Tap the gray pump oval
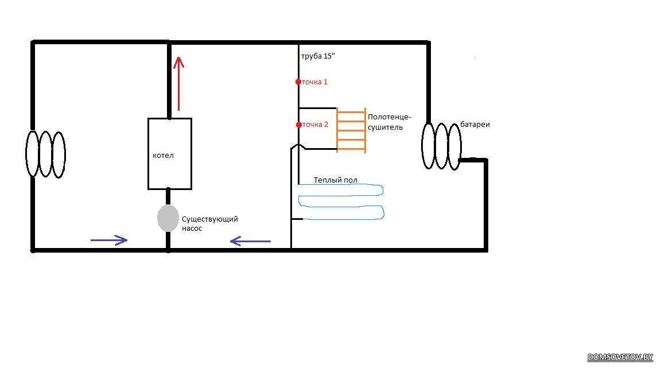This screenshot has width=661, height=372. click(168, 218)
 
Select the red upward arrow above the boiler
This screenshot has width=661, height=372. click(179, 84)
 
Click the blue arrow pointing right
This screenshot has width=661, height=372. click(109, 240)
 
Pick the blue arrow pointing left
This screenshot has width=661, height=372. click(250, 241)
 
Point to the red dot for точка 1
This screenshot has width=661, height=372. click(298, 82)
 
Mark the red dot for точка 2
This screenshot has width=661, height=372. click(298, 125)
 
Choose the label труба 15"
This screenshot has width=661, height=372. click(318, 56)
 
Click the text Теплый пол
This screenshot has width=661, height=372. click(336, 180)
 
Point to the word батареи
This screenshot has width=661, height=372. click(475, 125)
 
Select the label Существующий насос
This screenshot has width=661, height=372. click(210, 223)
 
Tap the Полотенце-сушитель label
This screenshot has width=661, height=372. click(389, 122)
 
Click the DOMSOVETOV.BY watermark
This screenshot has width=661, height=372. click(620, 357)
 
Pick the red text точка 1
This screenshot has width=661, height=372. click(314, 82)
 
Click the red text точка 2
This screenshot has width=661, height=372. click(315, 125)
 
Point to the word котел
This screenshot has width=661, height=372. click(163, 155)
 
